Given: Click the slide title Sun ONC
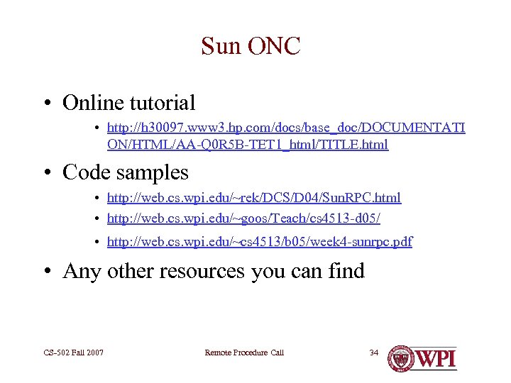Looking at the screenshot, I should (x=251, y=47).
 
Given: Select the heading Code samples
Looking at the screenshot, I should (x=126, y=172).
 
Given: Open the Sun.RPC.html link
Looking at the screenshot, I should (x=253, y=198).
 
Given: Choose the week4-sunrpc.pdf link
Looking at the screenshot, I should (x=259, y=242).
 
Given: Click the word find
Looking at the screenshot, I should (x=344, y=271).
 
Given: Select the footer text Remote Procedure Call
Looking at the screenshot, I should (x=243, y=353).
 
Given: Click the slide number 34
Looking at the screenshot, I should (x=374, y=353).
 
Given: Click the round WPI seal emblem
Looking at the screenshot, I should (x=401, y=357).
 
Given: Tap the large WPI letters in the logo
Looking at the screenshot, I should (x=436, y=357).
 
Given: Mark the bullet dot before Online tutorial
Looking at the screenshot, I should (x=46, y=104).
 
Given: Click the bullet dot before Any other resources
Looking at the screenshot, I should (x=46, y=272).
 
